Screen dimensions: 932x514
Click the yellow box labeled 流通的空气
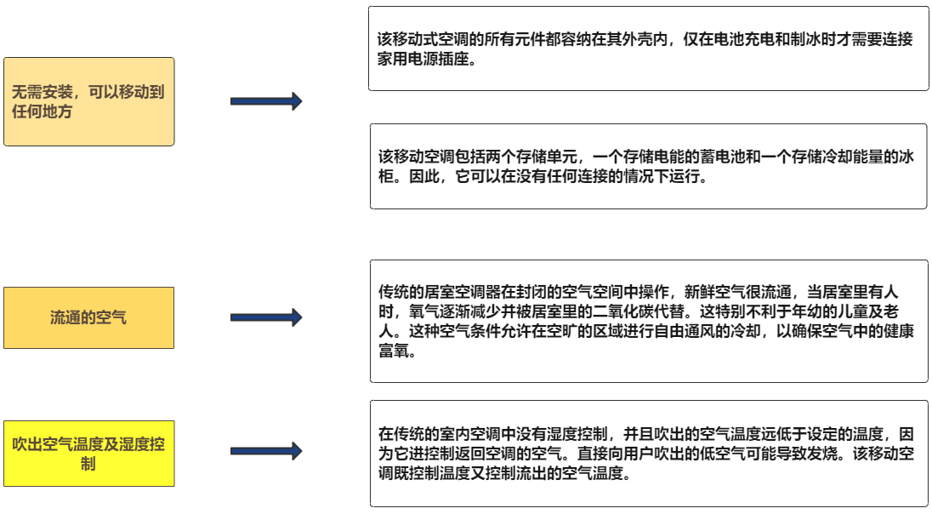pyautogui.click(x=88, y=317)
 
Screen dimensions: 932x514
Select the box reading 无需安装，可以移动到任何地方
pyautogui.click(x=88, y=102)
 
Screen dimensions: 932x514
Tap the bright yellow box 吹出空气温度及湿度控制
pyautogui.click(x=88, y=454)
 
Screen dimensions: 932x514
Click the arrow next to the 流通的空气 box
pyautogui.click(x=266, y=317)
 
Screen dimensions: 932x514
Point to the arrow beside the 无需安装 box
pyautogui.click(x=266, y=101)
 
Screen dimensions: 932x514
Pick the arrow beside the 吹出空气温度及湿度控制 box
pyautogui.click(x=266, y=451)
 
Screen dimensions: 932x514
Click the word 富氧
pyautogui.click(x=394, y=351)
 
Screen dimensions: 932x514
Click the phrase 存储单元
pyautogui.click(x=546, y=157)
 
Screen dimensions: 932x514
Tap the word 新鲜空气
pyautogui.click(x=714, y=292)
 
